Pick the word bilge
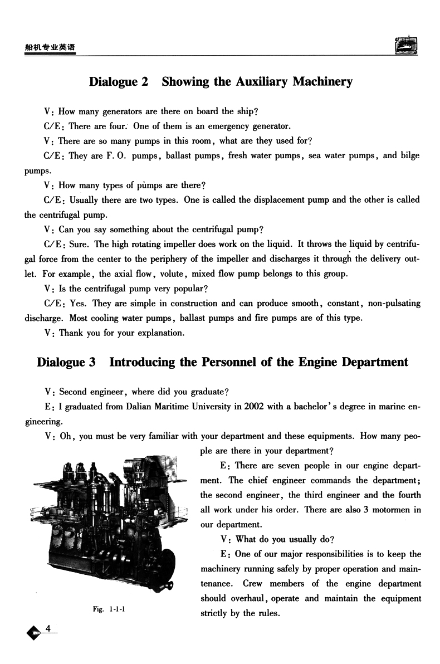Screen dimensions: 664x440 409,155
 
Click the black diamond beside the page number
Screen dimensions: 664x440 34,632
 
